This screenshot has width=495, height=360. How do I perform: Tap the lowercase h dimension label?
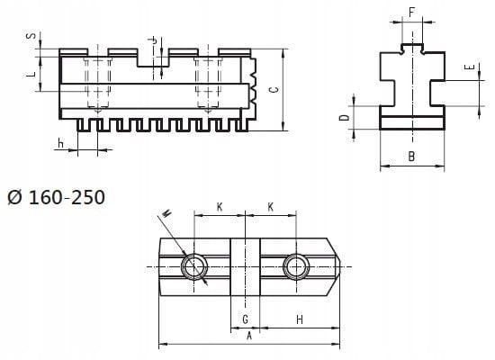pyautogui.click(x=60, y=142)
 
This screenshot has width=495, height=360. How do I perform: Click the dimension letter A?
pyautogui.click(x=248, y=334)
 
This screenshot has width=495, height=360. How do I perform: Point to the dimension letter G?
pyautogui.click(x=246, y=319)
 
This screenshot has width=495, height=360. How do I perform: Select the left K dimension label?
pyautogui.click(x=219, y=207)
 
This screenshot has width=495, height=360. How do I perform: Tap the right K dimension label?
pyautogui.click(x=270, y=207)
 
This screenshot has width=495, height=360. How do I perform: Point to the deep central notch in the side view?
pyautogui.click(x=151, y=58)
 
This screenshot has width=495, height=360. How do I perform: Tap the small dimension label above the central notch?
pyautogui.click(x=154, y=40)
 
